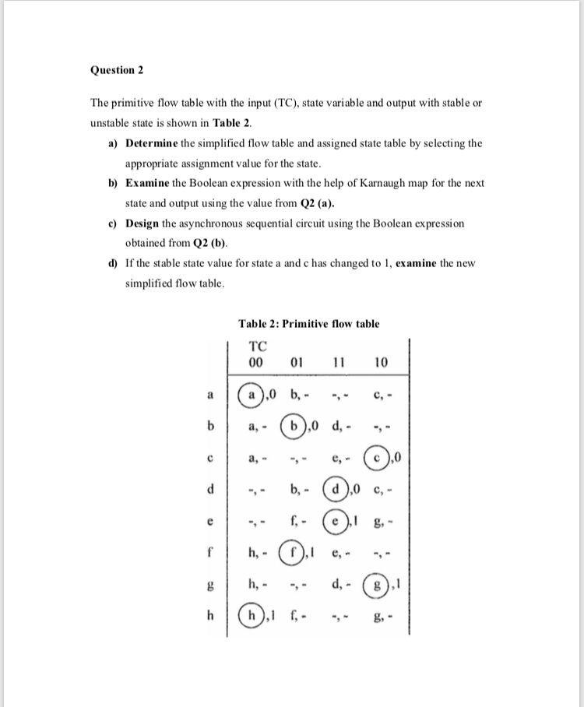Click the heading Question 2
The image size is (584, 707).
[118, 70]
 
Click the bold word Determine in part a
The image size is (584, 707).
[152, 143]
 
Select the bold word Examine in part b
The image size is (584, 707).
[149, 183]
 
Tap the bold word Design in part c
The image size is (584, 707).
[142, 223]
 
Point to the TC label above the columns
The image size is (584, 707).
[257, 347]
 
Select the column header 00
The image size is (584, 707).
[255, 363]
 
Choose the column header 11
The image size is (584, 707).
[339, 363]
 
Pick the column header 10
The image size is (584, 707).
[381, 363]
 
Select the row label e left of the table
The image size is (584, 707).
[209, 519]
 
